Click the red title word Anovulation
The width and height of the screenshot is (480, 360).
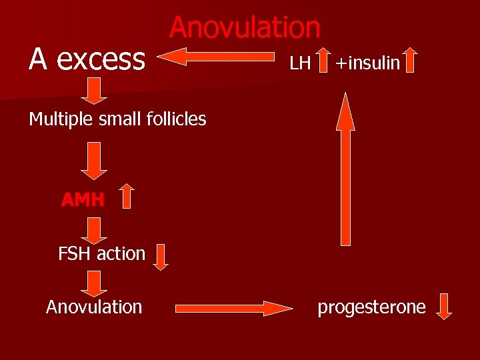coord(245,28)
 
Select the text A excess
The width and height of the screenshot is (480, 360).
coord(87,59)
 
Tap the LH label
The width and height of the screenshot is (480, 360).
coord(300,63)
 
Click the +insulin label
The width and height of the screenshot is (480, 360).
coord(367,63)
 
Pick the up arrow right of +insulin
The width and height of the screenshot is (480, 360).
coord(411,59)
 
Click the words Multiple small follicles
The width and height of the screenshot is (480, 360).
coord(117,119)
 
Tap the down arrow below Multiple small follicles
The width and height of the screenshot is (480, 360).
coord(95,160)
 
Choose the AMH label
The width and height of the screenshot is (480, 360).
coord(83,199)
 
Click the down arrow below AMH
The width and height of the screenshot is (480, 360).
coord(95,231)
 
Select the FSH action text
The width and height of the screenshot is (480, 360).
coord(101,253)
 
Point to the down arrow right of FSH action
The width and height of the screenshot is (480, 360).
coord(161,257)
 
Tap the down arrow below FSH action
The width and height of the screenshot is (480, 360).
coord(95,283)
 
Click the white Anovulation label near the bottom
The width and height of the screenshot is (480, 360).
coord(94,307)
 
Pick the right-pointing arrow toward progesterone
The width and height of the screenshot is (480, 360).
coord(233,308)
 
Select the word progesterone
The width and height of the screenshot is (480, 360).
coord(371,307)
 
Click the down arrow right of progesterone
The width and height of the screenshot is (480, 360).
coord(443,307)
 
